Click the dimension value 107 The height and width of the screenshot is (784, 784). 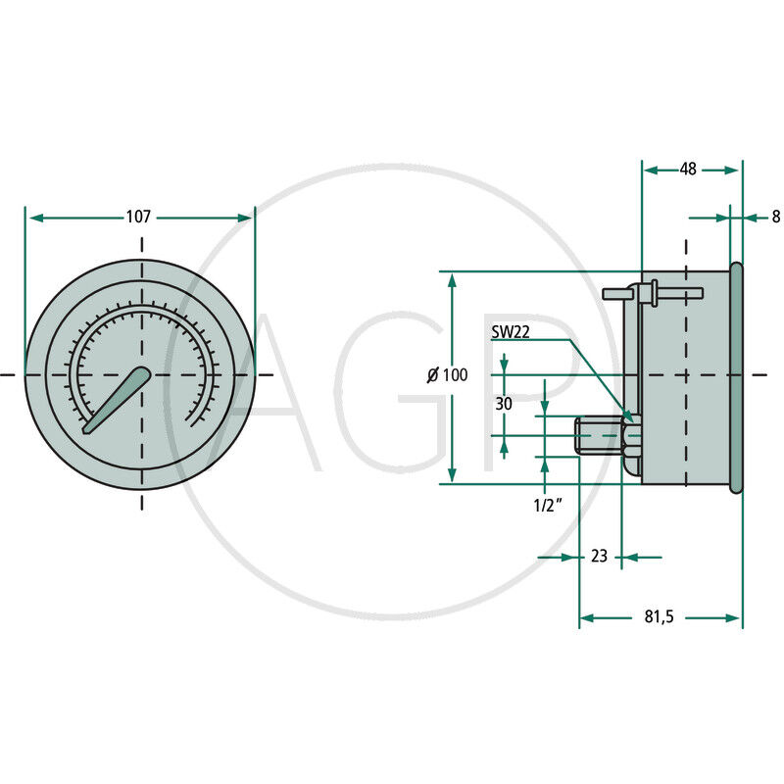(x=138, y=217)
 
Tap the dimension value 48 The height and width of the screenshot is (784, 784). (x=688, y=169)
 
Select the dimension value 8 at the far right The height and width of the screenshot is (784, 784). (x=775, y=217)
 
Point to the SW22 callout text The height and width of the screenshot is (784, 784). (x=511, y=332)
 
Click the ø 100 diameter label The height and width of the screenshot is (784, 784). (x=448, y=374)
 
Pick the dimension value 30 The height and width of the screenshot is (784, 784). (x=504, y=404)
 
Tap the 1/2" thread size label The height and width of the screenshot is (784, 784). (x=548, y=506)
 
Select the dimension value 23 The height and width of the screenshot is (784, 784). (x=599, y=556)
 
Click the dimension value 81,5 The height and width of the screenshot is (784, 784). (x=659, y=617)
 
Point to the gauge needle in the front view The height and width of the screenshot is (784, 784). (x=117, y=400)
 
